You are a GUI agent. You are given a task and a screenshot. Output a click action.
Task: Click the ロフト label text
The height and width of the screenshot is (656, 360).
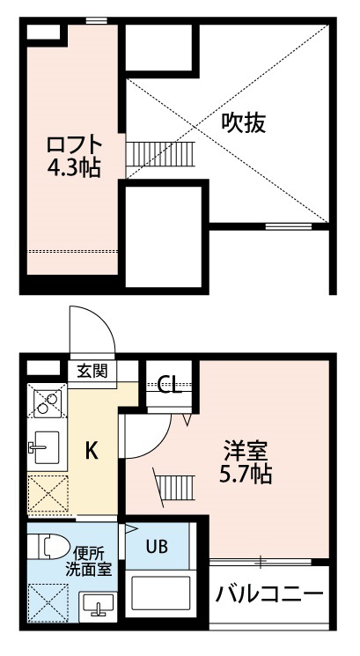75,145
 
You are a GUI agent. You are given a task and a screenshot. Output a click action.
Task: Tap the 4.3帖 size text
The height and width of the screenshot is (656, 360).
74,168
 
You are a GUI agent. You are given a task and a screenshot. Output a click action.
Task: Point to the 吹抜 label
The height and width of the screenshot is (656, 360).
243,123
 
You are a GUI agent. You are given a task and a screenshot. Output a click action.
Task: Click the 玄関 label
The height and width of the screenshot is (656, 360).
92,371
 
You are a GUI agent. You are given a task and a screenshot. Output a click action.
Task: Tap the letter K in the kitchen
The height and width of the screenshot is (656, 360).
92,451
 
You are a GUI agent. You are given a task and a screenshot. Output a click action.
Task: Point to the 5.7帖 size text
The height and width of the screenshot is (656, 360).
246,475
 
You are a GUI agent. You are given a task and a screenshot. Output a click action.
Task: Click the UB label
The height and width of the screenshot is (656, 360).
157,546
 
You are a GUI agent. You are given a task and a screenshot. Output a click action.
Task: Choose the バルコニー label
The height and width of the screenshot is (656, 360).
269,593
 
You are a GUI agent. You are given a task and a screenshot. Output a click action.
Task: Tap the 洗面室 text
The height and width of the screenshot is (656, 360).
89,570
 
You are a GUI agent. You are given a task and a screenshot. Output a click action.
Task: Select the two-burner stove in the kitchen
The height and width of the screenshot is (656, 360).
48,401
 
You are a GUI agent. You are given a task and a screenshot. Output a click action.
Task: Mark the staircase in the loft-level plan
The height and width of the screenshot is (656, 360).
160,154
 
